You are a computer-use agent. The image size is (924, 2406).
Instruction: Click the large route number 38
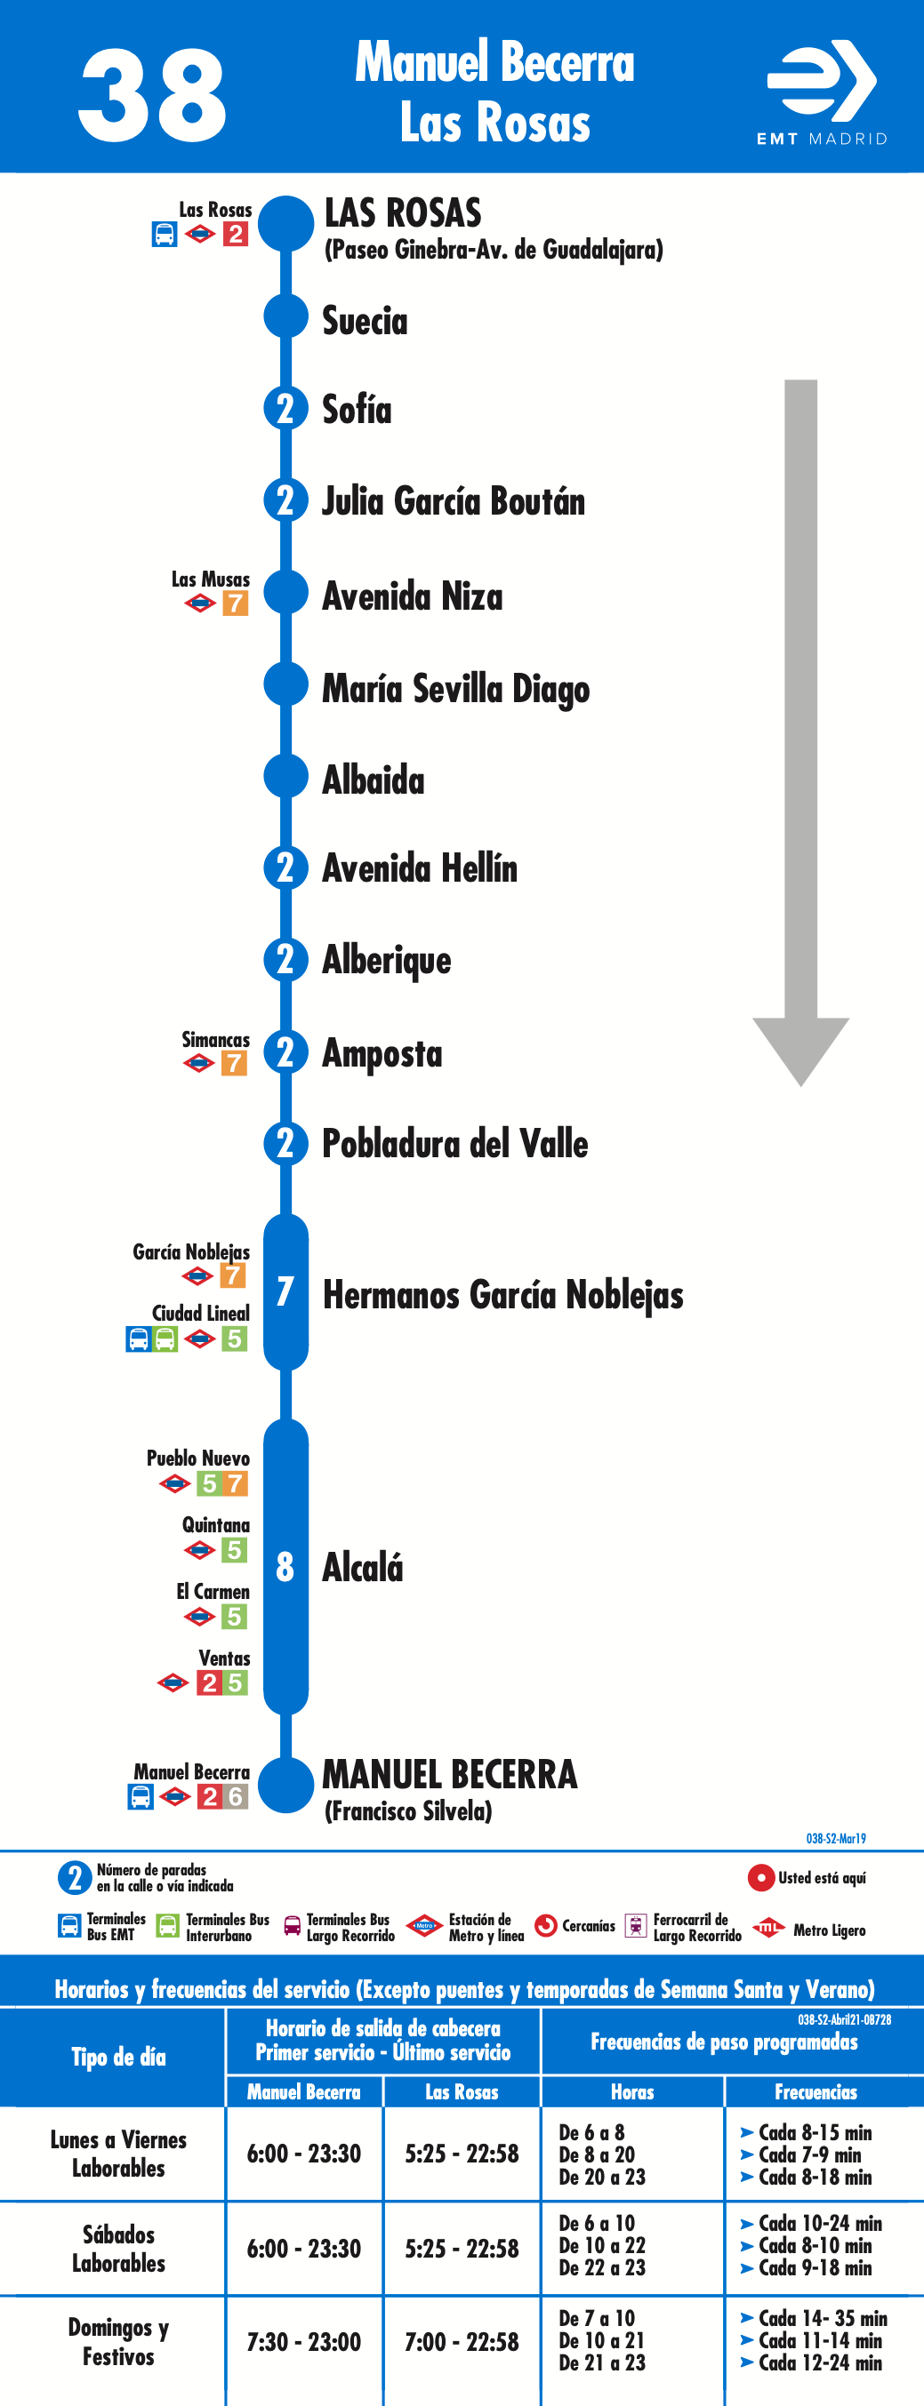coord(152,95)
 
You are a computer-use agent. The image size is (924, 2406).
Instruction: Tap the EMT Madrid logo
coord(822,92)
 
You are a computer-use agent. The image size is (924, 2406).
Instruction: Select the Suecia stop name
coord(365,320)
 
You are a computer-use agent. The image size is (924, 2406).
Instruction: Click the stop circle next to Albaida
coord(285,775)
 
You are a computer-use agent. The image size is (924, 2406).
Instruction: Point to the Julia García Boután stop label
coord(454,501)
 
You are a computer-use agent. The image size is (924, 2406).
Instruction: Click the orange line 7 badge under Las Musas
coord(236,603)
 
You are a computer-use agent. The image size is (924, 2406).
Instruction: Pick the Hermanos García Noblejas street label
coord(502,1294)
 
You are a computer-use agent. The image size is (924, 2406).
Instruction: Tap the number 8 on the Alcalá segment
coord(285,1566)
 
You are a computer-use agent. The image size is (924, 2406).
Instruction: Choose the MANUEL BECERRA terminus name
coord(449,1774)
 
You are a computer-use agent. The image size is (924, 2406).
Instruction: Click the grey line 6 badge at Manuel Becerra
coord(236,1796)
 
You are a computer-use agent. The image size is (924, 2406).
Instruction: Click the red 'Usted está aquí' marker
coord(760,1877)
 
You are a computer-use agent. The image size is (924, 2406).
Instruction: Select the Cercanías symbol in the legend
coord(546,1926)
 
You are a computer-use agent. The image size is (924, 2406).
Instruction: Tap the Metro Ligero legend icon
coord(768,1928)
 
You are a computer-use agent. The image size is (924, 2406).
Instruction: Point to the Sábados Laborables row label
coord(118,2249)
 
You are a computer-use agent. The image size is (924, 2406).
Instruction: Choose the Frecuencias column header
coord(816,2092)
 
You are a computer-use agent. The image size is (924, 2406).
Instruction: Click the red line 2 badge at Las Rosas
coord(236,234)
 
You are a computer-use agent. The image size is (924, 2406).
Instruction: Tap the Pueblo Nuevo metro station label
coord(198,1458)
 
